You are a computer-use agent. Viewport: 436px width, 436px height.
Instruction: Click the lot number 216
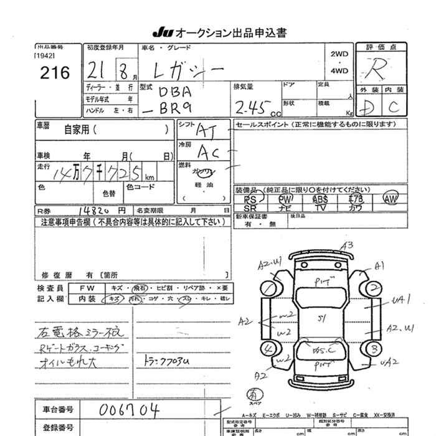click(55, 73)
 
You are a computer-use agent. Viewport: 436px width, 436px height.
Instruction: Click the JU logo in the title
click(161, 32)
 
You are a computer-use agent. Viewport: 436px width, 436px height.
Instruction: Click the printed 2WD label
click(339, 54)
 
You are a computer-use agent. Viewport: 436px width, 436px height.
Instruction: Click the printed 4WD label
click(339, 71)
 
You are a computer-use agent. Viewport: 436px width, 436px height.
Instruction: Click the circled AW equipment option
click(391, 199)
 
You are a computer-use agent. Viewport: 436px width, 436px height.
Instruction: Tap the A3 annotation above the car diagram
click(348, 245)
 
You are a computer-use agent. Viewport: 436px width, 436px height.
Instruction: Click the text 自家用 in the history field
click(77, 130)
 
